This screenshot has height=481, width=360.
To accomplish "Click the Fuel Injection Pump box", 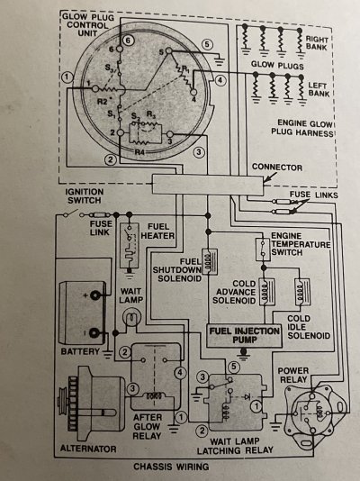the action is pyautogui.click(x=244, y=336).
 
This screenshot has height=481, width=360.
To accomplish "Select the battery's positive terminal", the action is pyautogui.click(x=95, y=295).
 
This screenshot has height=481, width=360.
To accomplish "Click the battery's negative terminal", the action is pyautogui.click(x=94, y=333).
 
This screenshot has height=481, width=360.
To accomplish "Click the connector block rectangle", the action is pyautogui.click(x=207, y=185).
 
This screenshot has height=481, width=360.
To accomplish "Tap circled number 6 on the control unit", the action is pyautogui.click(x=129, y=41).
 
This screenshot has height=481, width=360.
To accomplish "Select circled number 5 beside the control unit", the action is pyautogui.click(x=207, y=45).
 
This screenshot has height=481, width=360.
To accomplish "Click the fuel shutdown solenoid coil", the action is pyautogui.click(x=210, y=261).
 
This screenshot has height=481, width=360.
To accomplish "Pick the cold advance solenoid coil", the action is pyautogui.click(x=266, y=292).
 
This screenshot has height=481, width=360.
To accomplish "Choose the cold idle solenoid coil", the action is pyautogui.click(x=302, y=292).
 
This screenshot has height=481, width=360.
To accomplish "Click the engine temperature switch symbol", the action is pyautogui.click(x=263, y=249).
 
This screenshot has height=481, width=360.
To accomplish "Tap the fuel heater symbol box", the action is pyautogui.click(x=130, y=245).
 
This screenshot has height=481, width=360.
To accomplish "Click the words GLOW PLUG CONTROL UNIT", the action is pyautogui.click(x=88, y=25).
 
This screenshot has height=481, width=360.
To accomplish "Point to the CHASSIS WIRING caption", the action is pyautogui.click(x=171, y=467).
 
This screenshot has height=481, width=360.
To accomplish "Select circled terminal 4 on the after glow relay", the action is pyautogui.click(x=180, y=373).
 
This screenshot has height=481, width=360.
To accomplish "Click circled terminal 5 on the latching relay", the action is pyautogui.click(x=234, y=367).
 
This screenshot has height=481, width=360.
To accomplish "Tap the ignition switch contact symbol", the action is pyautogui.click(x=74, y=213).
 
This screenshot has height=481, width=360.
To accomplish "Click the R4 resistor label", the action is pyautogui.click(x=139, y=151).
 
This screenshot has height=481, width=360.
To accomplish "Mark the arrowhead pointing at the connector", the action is pyautogui.click(x=265, y=182).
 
